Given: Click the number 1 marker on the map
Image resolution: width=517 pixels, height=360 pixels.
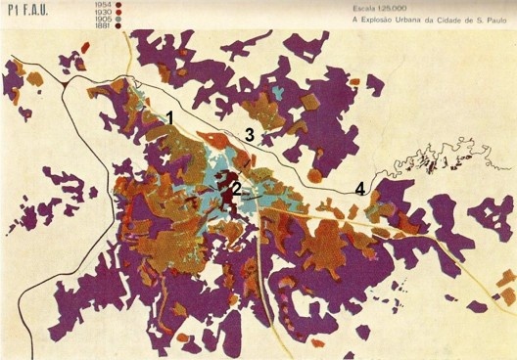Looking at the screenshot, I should (x=170, y=117).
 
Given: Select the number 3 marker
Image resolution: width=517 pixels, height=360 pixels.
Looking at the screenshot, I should (x=250, y=133).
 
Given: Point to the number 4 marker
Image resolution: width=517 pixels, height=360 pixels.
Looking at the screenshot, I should (x=359, y=189).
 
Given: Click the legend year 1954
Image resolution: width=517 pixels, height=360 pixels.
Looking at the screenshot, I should (x=99, y=6).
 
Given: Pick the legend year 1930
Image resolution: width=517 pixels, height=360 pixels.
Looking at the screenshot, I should (x=99, y=13).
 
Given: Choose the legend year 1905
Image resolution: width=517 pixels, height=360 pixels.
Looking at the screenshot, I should (x=99, y=20).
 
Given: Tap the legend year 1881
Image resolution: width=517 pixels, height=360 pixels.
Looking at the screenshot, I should (x=99, y=26).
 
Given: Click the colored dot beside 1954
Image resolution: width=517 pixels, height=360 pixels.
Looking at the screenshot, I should (x=117, y=6).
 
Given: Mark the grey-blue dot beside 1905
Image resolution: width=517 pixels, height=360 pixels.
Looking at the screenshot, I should (x=117, y=20).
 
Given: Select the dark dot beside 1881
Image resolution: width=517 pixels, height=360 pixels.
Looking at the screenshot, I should (x=117, y=26).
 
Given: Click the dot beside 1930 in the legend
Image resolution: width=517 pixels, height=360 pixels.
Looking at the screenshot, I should (x=117, y=13).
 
